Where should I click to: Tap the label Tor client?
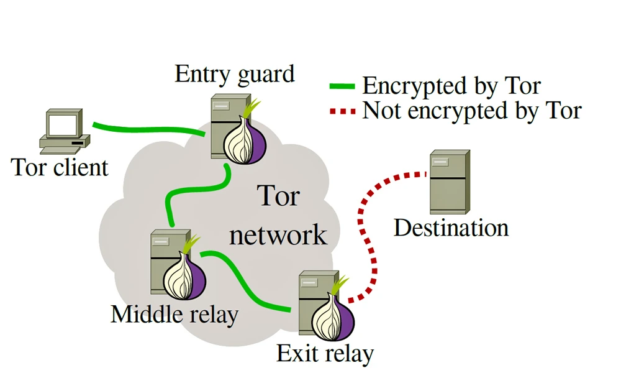[x=60, y=167]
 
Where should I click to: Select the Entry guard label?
[x=234, y=74]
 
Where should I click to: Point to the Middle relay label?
[x=174, y=314]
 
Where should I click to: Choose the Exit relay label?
[x=325, y=354]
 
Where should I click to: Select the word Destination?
[x=451, y=228]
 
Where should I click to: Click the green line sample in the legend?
[x=342, y=86]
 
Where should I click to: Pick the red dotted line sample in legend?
[x=342, y=112]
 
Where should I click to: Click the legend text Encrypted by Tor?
[x=451, y=86]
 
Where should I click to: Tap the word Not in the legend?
[x=379, y=111]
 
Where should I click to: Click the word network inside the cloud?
[x=278, y=235]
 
